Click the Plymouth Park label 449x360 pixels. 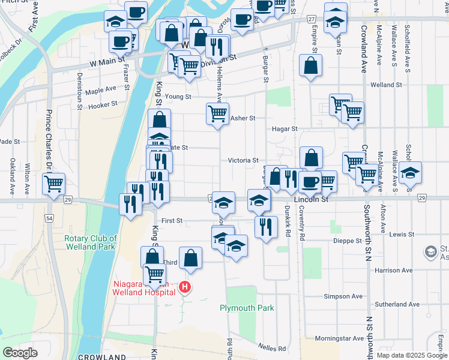tap(246, 308)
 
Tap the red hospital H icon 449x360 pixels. tap(185, 288)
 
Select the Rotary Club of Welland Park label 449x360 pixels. tap(91, 242)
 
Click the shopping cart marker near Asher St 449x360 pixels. tap(217, 113)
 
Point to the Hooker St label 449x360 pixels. tap(101, 106)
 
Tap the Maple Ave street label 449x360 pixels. tap(100, 91)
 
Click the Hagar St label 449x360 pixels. tap(285, 128)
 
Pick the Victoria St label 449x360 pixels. tap(243, 160)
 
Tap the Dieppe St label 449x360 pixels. tap(347, 241)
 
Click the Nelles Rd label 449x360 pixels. tap(272, 347)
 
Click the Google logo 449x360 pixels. tap(20, 353)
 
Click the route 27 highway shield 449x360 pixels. tap(312, 19)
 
